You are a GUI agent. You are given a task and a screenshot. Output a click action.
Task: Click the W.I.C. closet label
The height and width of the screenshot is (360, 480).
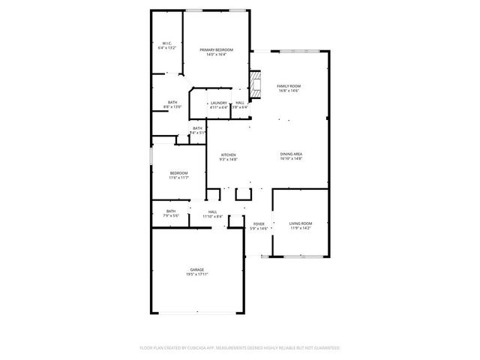166,43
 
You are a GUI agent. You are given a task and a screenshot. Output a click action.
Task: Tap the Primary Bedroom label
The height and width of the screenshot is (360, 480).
216,49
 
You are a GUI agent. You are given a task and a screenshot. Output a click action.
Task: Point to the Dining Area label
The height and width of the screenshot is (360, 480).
291,154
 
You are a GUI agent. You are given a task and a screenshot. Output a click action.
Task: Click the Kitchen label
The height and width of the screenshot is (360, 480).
228,155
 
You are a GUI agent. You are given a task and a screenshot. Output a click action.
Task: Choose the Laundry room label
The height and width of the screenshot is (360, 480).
218,103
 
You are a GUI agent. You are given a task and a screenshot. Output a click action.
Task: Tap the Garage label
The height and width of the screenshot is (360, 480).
196,270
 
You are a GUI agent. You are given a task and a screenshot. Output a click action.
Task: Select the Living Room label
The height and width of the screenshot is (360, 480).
301,223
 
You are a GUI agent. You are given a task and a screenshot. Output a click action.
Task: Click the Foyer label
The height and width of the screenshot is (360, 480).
259,223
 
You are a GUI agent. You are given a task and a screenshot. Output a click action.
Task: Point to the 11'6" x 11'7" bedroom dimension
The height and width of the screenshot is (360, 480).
178,178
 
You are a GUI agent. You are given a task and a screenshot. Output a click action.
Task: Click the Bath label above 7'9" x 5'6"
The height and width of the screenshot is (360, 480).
171,211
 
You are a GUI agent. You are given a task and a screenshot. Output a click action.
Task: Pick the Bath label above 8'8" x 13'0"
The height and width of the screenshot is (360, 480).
172,103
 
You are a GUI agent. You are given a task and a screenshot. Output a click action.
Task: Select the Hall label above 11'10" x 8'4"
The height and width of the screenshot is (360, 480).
213,211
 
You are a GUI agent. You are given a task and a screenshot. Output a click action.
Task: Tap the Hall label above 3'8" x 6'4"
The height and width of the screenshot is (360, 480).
240,103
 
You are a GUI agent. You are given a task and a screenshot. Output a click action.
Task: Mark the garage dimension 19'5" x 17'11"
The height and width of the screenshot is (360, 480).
196,275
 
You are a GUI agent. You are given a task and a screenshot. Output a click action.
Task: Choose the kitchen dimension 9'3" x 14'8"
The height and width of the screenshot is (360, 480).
228,160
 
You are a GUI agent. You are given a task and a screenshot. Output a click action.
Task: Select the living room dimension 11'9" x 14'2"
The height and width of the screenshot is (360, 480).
301,228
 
